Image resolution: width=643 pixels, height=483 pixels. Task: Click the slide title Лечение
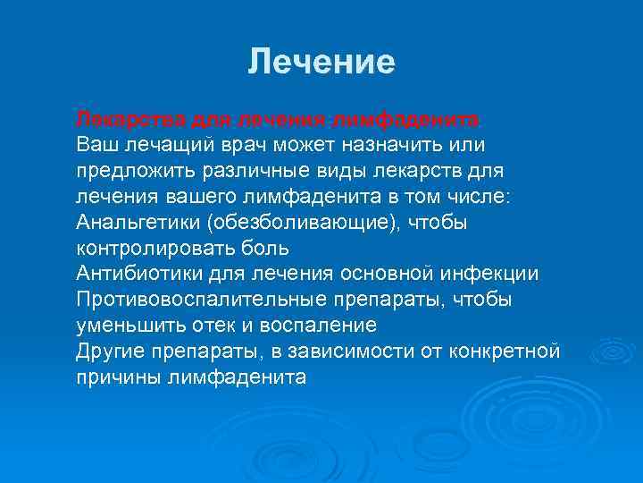tap(321, 62)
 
